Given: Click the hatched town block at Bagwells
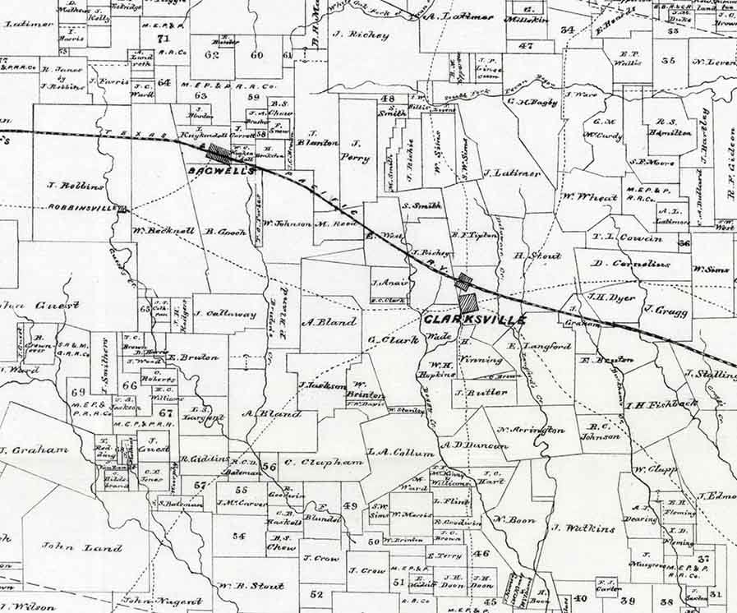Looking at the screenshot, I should (x=219, y=153).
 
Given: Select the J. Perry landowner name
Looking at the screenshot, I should (x=356, y=151).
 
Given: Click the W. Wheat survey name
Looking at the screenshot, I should (x=590, y=197).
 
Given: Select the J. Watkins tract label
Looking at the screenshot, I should (x=583, y=528).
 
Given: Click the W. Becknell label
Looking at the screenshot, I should (x=164, y=231).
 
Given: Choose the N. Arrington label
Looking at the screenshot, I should (x=530, y=430).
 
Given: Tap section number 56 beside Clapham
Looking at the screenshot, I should (x=269, y=467).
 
